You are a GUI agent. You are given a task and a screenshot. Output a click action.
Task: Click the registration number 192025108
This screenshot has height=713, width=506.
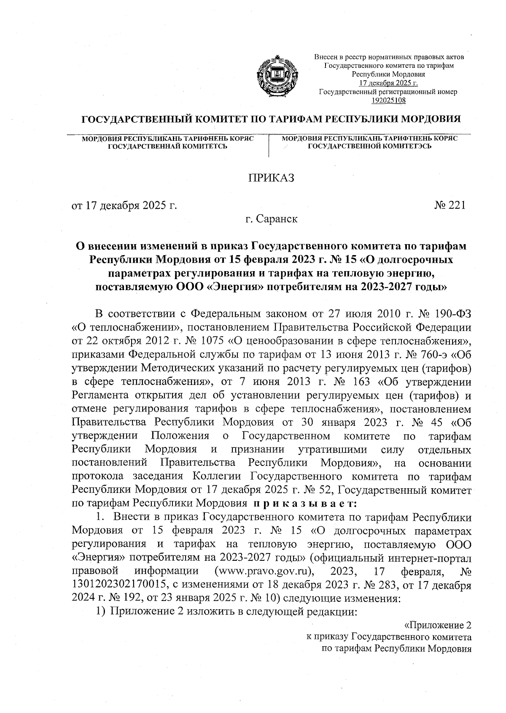[388, 100]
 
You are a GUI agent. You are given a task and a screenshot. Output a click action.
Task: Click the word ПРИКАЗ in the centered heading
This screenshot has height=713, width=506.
[270, 178]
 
